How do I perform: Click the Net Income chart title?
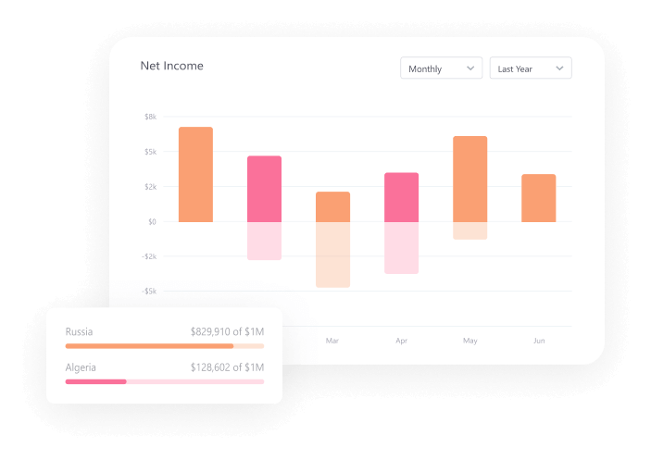coord(171,66)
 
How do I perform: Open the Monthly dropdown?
coord(441,68)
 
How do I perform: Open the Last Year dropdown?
coord(531,68)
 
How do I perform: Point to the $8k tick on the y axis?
coord(150,117)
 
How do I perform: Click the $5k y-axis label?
coord(150,152)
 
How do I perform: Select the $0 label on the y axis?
coord(152,222)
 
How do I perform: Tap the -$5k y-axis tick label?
coord(148,292)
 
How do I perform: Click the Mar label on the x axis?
coord(332,341)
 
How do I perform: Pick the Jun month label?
coord(539,341)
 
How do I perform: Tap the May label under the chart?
coord(470,341)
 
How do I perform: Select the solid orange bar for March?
coord(332,206)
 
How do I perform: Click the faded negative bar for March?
coord(332,255)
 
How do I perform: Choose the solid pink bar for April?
coord(401,197)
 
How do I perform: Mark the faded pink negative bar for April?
coord(401,248)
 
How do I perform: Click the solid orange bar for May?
coord(470,179)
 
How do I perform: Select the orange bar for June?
coord(539,198)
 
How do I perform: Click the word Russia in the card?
coord(79,331)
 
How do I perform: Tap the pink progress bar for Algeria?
coord(95,381)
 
